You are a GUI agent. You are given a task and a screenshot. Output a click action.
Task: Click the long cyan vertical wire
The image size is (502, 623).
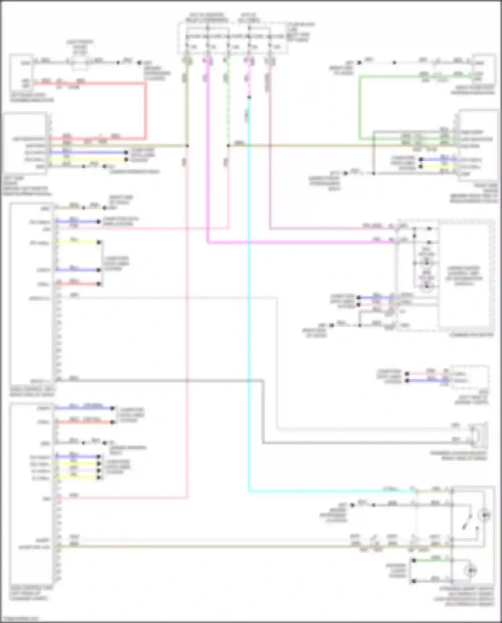pos(249,301)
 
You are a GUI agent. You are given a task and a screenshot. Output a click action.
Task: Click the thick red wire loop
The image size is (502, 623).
pos(146,110)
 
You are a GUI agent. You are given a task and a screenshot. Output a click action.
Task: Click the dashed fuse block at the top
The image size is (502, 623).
pos(233,38)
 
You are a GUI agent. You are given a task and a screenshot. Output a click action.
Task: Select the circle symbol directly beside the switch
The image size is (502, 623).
pos(484,515)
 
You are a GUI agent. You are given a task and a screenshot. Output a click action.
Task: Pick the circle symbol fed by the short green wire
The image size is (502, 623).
pos(472,570)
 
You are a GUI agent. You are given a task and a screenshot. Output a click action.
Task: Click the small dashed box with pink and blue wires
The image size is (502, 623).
pos(469,377)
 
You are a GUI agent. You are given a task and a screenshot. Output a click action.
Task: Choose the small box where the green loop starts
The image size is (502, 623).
pos(484,69)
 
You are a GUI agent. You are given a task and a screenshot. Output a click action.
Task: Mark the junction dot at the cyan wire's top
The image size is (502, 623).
pos(249,97)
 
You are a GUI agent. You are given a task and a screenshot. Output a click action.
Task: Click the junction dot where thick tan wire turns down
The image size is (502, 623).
pos(187,146)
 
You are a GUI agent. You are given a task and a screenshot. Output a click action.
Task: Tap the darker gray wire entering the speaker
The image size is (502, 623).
pos(368,443)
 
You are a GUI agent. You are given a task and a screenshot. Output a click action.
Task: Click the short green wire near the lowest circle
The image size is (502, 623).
pos(432,560)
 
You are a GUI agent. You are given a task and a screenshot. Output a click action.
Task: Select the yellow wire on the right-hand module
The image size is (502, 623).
pos(438,166)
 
